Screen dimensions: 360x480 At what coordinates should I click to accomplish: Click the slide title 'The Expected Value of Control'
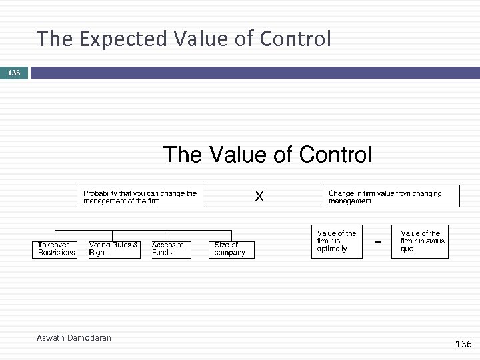pyautogui.click(x=183, y=39)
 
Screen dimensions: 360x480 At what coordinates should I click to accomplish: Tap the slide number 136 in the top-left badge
pyautogui.click(x=14, y=73)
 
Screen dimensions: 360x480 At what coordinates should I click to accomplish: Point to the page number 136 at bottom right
pyautogui.click(x=462, y=344)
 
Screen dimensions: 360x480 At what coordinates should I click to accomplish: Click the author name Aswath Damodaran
pyautogui.click(x=73, y=338)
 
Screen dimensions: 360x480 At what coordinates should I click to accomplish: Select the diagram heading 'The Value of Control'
pyautogui.click(x=267, y=155)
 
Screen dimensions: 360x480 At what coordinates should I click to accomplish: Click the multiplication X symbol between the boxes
pyautogui.click(x=260, y=197)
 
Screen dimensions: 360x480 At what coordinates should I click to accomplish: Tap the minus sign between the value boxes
pyautogui.click(x=378, y=241)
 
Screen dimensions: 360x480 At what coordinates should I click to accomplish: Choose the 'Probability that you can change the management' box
pyautogui.click(x=140, y=197)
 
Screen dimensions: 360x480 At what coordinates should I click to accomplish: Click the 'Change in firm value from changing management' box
pyautogui.click(x=391, y=197)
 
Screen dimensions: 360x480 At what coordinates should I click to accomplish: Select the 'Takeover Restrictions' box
pyautogui.click(x=55, y=249)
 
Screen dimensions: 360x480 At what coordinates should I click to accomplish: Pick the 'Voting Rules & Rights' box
pyautogui.click(x=114, y=249)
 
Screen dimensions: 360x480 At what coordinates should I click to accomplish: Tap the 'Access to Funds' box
pyautogui.click(x=171, y=249)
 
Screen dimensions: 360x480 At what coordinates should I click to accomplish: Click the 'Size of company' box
pyautogui.click(x=231, y=249)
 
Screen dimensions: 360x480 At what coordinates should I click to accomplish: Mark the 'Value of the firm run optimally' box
pyautogui.click(x=337, y=241)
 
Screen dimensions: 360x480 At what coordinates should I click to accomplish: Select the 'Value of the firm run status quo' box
pyautogui.click(x=419, y=241)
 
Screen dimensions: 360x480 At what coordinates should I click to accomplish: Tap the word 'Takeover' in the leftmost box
pyautogui.click(x=53, y=245)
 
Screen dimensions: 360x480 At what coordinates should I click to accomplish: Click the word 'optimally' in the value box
pyautogui.click(x=332, y=249)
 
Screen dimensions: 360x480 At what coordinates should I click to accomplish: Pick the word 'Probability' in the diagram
pyautogui.click(x=100, y=193)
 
